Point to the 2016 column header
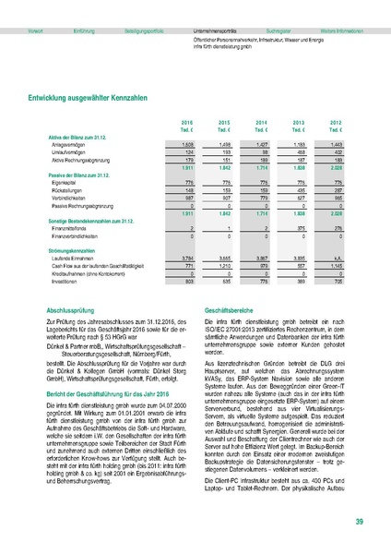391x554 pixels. [187, 122]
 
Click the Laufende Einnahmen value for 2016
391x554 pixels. [186, 245]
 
